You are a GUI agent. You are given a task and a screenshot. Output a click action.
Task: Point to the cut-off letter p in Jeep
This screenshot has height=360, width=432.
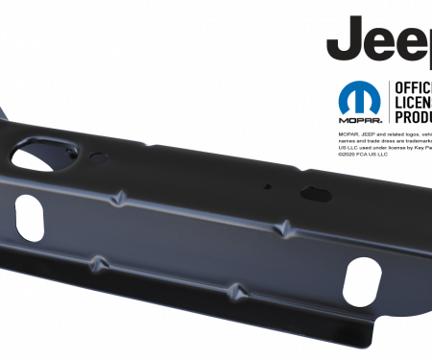[425, 50]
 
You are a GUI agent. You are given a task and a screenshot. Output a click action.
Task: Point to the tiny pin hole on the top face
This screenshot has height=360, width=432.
[272, 186]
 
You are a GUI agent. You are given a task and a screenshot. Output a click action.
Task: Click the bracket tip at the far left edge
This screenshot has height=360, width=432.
[4, 110]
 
